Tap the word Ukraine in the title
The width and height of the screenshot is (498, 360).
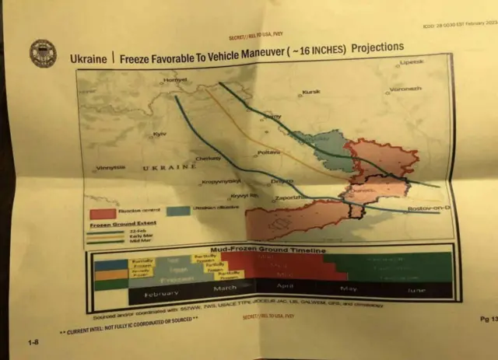[x=87, y=58]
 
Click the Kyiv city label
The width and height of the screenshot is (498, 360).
[x=160, y=134]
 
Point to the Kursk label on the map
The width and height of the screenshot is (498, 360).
[x=310, y=92]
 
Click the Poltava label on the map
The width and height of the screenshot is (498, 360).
[x=268, y=152]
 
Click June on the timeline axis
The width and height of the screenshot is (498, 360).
[x=416, y=289]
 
